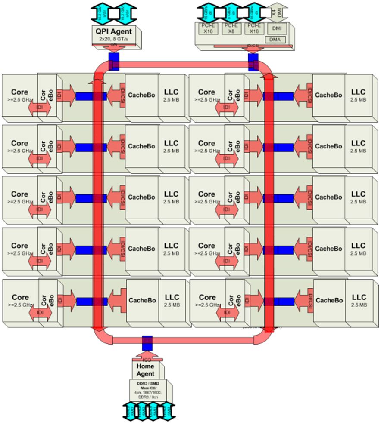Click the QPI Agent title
click(x=114, y=31)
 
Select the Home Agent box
click(x=145, y=370)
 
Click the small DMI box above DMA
click(x=276, y=28)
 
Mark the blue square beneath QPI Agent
click(x=113, y=59)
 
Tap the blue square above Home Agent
click(x=147, y=342)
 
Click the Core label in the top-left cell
click(x=19, y=92)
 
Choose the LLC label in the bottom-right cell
click(x=359, y=297)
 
